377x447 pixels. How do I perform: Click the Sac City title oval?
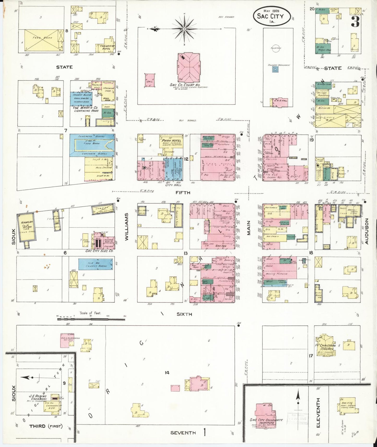(x=272, y=16)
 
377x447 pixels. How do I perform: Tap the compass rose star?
(x=184, y=28)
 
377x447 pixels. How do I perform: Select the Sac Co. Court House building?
(x=189, y=67)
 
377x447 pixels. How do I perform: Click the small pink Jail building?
(x=150, y=80)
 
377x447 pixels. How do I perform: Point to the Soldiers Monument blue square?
(x=275, y=69)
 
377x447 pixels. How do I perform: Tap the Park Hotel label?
(x=172, y=141)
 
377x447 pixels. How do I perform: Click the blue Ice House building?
(x=96, y=264)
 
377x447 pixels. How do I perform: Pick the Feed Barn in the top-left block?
(x=44, y=40)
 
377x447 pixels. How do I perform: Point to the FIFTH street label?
(x=183, y=193)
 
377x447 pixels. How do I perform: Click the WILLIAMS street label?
(x=127, y=227)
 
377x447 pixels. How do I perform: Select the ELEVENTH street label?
(x=318, y=413)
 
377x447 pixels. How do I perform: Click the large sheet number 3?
(x=355, y=22)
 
